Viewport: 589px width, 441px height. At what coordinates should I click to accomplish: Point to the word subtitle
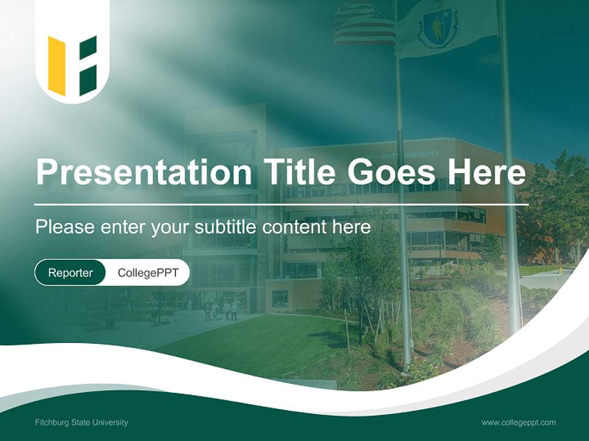coord(226,227)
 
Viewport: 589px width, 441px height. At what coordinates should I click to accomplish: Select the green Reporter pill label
coord(70,273)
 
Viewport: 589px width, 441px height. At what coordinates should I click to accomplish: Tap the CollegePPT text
coord(148,273)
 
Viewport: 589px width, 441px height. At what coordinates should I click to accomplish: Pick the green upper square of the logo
coord(88,47)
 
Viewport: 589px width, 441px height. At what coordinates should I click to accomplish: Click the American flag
coord(363,23)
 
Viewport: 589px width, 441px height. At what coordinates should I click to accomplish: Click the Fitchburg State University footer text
coord(82,422)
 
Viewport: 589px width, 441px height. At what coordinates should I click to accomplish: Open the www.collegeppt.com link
coord(518,422)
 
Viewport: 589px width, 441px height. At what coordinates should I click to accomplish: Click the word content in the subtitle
coord(294,227)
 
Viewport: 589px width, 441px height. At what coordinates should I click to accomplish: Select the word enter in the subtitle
coord(125,227)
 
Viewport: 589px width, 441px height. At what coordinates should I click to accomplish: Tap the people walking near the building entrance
coord(221,310)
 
